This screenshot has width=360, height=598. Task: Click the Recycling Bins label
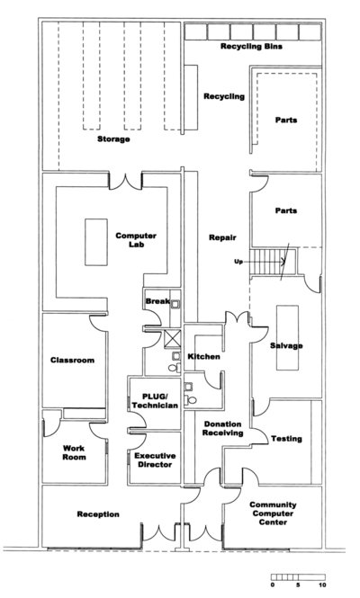tap(251, 47)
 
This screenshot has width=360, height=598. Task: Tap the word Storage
tap(113, 139)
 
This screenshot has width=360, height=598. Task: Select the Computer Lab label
tap(136, 240)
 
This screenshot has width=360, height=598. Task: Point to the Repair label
tap(222, 237)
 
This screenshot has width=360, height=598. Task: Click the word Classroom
tap(73, 360)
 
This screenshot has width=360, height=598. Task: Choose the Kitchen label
tap(204, 357)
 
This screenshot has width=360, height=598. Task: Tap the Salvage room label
tap(286, 345)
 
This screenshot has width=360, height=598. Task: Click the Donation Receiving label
tap(222, 428)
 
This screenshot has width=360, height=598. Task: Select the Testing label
tap(286, 439)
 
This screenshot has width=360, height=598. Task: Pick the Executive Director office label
tap(155, 460)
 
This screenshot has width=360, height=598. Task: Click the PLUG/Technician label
tap(155, 401)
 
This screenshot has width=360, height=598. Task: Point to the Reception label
tap(98, 514)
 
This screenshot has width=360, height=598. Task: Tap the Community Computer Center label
tap(273, 513)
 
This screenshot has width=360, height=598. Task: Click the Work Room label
tap(74, 452)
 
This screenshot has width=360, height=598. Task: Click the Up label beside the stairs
tap(238, 262)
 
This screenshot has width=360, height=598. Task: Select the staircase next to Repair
tap(274, 262)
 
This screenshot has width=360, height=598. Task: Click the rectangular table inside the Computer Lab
tap(96, 242)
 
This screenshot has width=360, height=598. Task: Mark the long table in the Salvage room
tap(287, 337)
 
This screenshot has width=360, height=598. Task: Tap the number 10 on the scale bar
tap(322, 585)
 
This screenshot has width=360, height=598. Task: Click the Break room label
tap(157, 301)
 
